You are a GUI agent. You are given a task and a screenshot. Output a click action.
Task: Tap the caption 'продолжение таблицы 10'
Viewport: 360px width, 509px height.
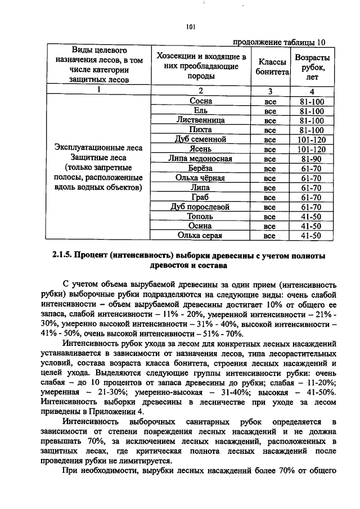click(278, 42)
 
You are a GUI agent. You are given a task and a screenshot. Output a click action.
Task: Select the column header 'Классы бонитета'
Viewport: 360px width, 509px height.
click(272, 67)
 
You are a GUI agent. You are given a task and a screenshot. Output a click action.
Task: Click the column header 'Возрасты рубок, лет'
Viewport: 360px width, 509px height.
click(312, 67)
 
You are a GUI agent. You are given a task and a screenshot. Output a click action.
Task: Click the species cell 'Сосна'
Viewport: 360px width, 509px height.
click(201, 101)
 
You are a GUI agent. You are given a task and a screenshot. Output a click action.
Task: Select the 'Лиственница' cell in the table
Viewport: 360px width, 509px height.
click(201, 120)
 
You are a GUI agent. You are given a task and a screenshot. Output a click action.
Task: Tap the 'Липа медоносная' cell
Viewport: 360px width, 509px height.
click(201, 159)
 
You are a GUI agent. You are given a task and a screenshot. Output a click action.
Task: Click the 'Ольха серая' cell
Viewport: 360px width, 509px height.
click(201, 236)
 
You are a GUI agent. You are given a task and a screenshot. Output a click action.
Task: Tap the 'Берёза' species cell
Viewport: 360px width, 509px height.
click(201, 168)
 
